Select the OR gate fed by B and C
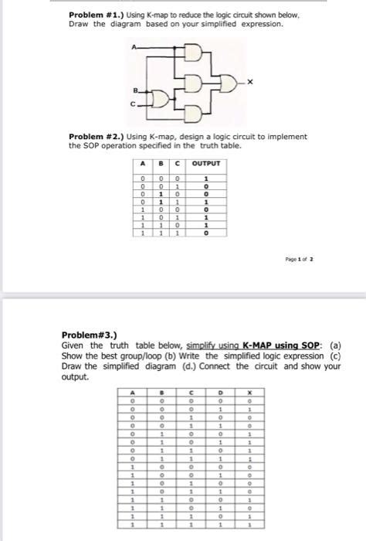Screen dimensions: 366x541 click(x=164, y=99)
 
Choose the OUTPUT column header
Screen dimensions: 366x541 click(x=206, y=164)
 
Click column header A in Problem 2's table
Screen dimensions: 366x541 click(x=143, y=164)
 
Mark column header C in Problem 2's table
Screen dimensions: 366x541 click(x=178, y=164)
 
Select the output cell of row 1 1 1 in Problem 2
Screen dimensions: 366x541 click(x=206, y=231)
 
